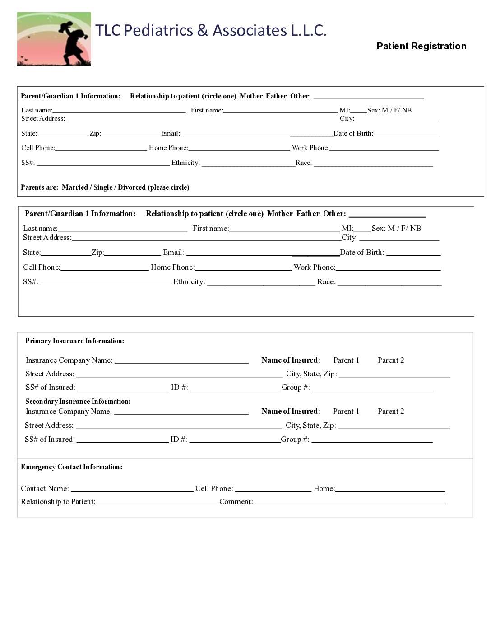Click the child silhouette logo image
[x=54, y=39]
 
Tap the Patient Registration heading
[x=422, y=46]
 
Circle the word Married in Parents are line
[x=75, y=187]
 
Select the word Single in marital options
[x=103, y=187]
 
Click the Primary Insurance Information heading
[x=74, y=341]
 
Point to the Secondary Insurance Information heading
[x=78, y=402]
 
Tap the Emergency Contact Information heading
[x=71, y=467]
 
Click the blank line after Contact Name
[x=132, y=489]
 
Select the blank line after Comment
[x=350, y=502]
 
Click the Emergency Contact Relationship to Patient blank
[x=157, y=502]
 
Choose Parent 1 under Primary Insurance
[x=346, y=360]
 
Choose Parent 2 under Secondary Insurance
[x=391, y=412]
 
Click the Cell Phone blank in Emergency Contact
[x=273, y=489]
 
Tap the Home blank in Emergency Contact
[x=390, y=489]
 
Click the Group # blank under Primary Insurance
[x=372, y=388]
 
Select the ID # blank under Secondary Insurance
[x=235, y=440]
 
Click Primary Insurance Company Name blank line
[x=181, y=360]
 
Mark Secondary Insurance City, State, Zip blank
[x=394, y=426]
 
